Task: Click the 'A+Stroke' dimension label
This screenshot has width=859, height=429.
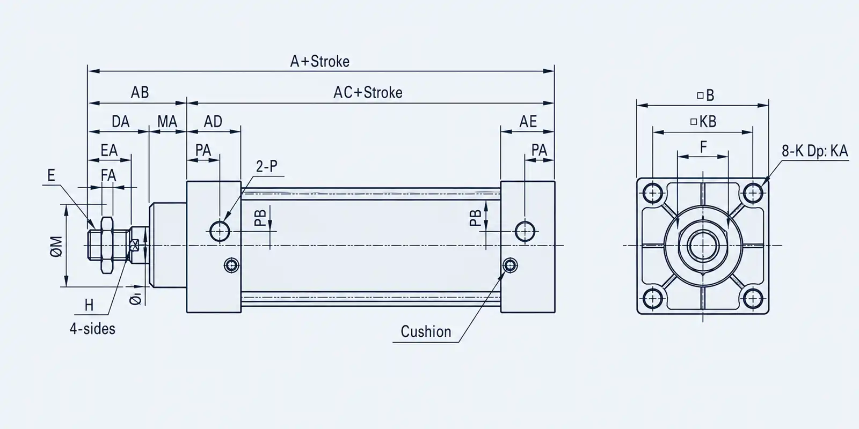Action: click(x=320, y=61)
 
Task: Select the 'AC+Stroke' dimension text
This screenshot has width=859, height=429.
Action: click(x=368, y=93)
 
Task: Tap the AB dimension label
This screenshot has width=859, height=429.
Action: click(x=140, y=92)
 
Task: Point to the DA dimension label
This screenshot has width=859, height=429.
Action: click(x=120, y=122)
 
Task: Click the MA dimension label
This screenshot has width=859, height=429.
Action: click(x=167, y=122)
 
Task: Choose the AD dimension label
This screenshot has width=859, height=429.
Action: click(x=213, y=122)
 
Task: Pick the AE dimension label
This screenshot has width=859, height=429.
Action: click(x=528, y=122)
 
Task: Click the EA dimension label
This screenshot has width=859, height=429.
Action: click(x=109, y=150)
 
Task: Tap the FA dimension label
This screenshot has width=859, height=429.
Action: click(x=108, y=176)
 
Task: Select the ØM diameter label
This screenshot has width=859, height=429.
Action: click(x=56, y=246)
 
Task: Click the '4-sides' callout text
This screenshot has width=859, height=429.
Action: click(x=92, y=329)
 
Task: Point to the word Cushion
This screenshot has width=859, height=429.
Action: click(x=426, y=332)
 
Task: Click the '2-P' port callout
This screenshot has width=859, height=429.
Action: click(x=266, y=166)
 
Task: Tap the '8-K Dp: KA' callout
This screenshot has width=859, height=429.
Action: click(x=815, y=151)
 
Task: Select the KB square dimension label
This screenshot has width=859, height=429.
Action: click(x=703, y=121)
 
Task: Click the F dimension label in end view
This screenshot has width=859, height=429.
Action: click(x=703, y=147)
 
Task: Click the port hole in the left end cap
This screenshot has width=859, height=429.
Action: click(x=220, y=231)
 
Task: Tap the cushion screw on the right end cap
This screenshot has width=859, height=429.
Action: click(x=509, y=265)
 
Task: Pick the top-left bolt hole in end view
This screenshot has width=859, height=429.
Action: click(x=653, y=193)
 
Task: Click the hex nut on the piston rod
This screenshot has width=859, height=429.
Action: click(x=107, y=245)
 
